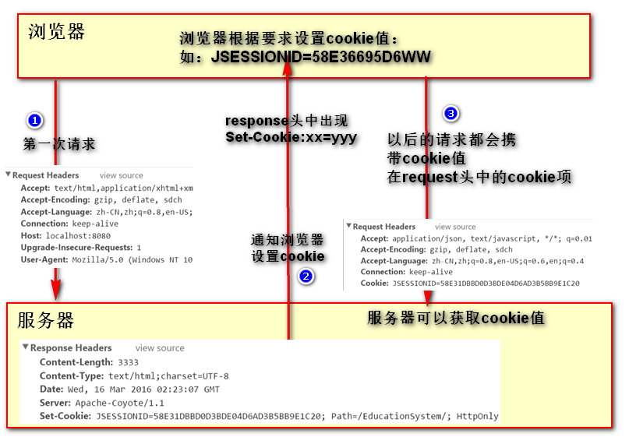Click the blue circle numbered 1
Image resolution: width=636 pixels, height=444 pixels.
coord(35,121)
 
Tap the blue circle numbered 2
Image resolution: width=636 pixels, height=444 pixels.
coord(306,276)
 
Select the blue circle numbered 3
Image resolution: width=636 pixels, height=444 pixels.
coord(450,114)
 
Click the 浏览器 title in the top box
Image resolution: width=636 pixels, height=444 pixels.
coord(56,32)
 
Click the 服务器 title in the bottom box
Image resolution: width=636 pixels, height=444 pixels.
coord(45,320)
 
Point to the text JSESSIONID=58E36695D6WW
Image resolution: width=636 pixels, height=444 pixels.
coord(321,57)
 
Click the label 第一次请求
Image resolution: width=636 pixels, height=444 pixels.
coord(58,144)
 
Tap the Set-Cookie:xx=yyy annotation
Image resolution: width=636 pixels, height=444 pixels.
coord(291,137)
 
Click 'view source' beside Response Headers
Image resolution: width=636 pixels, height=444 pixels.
coord(160,348)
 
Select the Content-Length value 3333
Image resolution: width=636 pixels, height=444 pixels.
coord(128,362)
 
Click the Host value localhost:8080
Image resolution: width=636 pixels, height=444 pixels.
coord(78,235)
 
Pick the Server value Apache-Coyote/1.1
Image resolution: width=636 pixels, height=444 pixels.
coord(120,403)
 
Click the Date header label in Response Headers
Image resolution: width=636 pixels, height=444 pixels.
coord(51,389)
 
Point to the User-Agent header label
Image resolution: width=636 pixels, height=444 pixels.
coord(44,259)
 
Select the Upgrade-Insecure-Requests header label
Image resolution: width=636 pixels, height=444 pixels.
coord(76,248)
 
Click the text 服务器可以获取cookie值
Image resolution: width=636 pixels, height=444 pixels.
coord(455,318)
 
